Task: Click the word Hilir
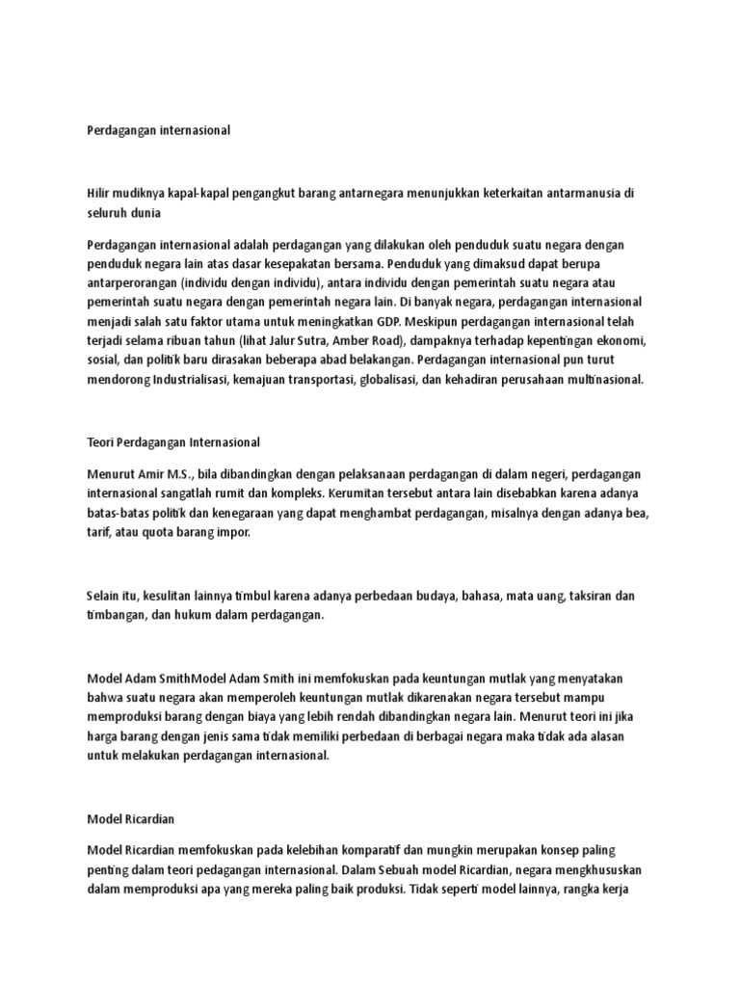[x=98, y=194]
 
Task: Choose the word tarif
[x=98, y=532]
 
